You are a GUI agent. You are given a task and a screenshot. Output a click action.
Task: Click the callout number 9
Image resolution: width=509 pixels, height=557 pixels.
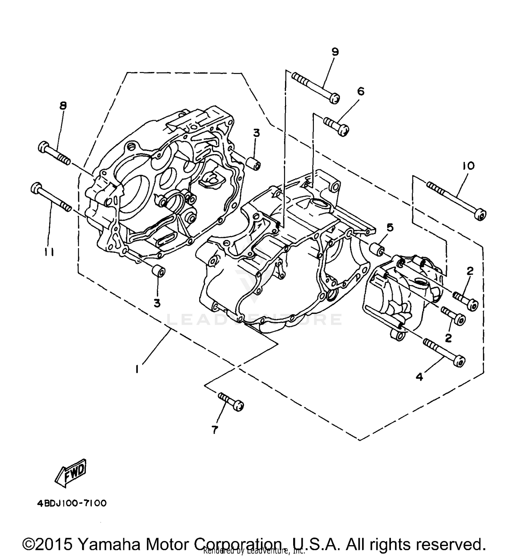click(335, 52)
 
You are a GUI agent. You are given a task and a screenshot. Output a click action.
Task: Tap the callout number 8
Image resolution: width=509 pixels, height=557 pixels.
click(63, 106)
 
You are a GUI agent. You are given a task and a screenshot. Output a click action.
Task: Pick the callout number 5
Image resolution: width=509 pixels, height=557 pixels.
click(390, 227)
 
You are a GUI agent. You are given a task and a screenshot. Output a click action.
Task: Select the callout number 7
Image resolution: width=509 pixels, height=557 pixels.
click(214, 430)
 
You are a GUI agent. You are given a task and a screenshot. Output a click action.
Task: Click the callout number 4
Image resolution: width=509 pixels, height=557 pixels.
click(420, 376)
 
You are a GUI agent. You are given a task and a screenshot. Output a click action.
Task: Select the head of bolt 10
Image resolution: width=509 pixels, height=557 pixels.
click(481, 215)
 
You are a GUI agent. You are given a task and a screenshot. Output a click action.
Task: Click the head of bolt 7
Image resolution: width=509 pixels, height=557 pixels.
click(240, 406)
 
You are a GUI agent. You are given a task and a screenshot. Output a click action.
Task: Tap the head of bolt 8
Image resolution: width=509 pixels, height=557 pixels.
click(43, 147)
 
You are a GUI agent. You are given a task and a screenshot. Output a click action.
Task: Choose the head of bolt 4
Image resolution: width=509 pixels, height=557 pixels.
click(459, 361)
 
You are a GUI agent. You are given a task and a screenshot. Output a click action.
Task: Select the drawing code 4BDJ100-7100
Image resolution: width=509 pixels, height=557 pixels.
click(72, 503)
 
